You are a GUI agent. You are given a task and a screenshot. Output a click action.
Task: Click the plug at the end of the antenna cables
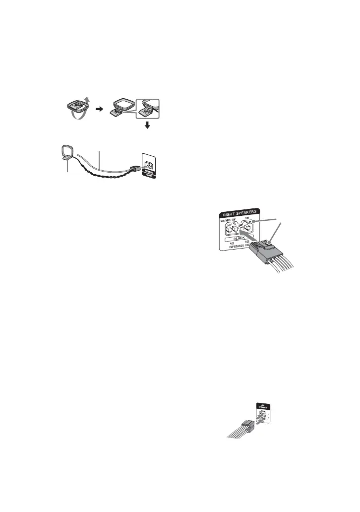[134, 169]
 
